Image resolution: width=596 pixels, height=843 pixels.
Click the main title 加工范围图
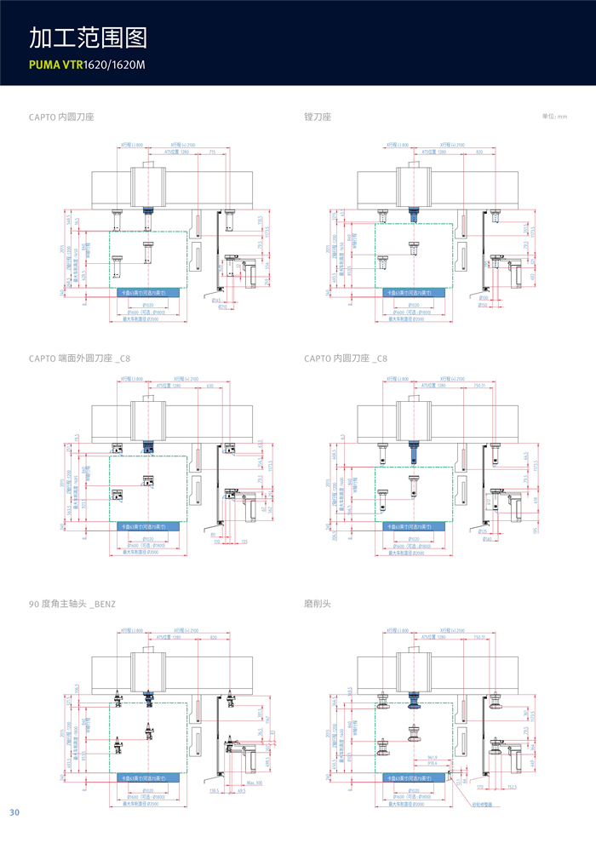pyautogui.click(x=89, y=38)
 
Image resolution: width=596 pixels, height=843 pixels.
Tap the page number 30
pyautogui.click(x=14, y=812)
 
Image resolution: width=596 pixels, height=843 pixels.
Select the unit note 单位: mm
pyautogui.click(x=554, y=117)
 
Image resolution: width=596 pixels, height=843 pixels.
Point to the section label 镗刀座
pyautogui.click(x=317, y=116)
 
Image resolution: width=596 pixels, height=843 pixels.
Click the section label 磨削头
pyautogui.click(x=317, y=603)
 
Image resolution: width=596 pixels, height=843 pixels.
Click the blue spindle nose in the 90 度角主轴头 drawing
pyautogui.click(x=149, y=695)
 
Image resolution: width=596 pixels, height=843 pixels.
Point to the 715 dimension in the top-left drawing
pyautogui.click(x=212, y=152)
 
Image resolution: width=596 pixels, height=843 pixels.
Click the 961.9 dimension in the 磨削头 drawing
pyautogui.click(x=433, y=755)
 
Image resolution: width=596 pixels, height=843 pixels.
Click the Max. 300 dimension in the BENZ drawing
pyautogui.click(x=252, y=783)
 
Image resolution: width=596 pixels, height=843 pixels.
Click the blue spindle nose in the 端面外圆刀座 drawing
pyautogui.click(x=149, y=446)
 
